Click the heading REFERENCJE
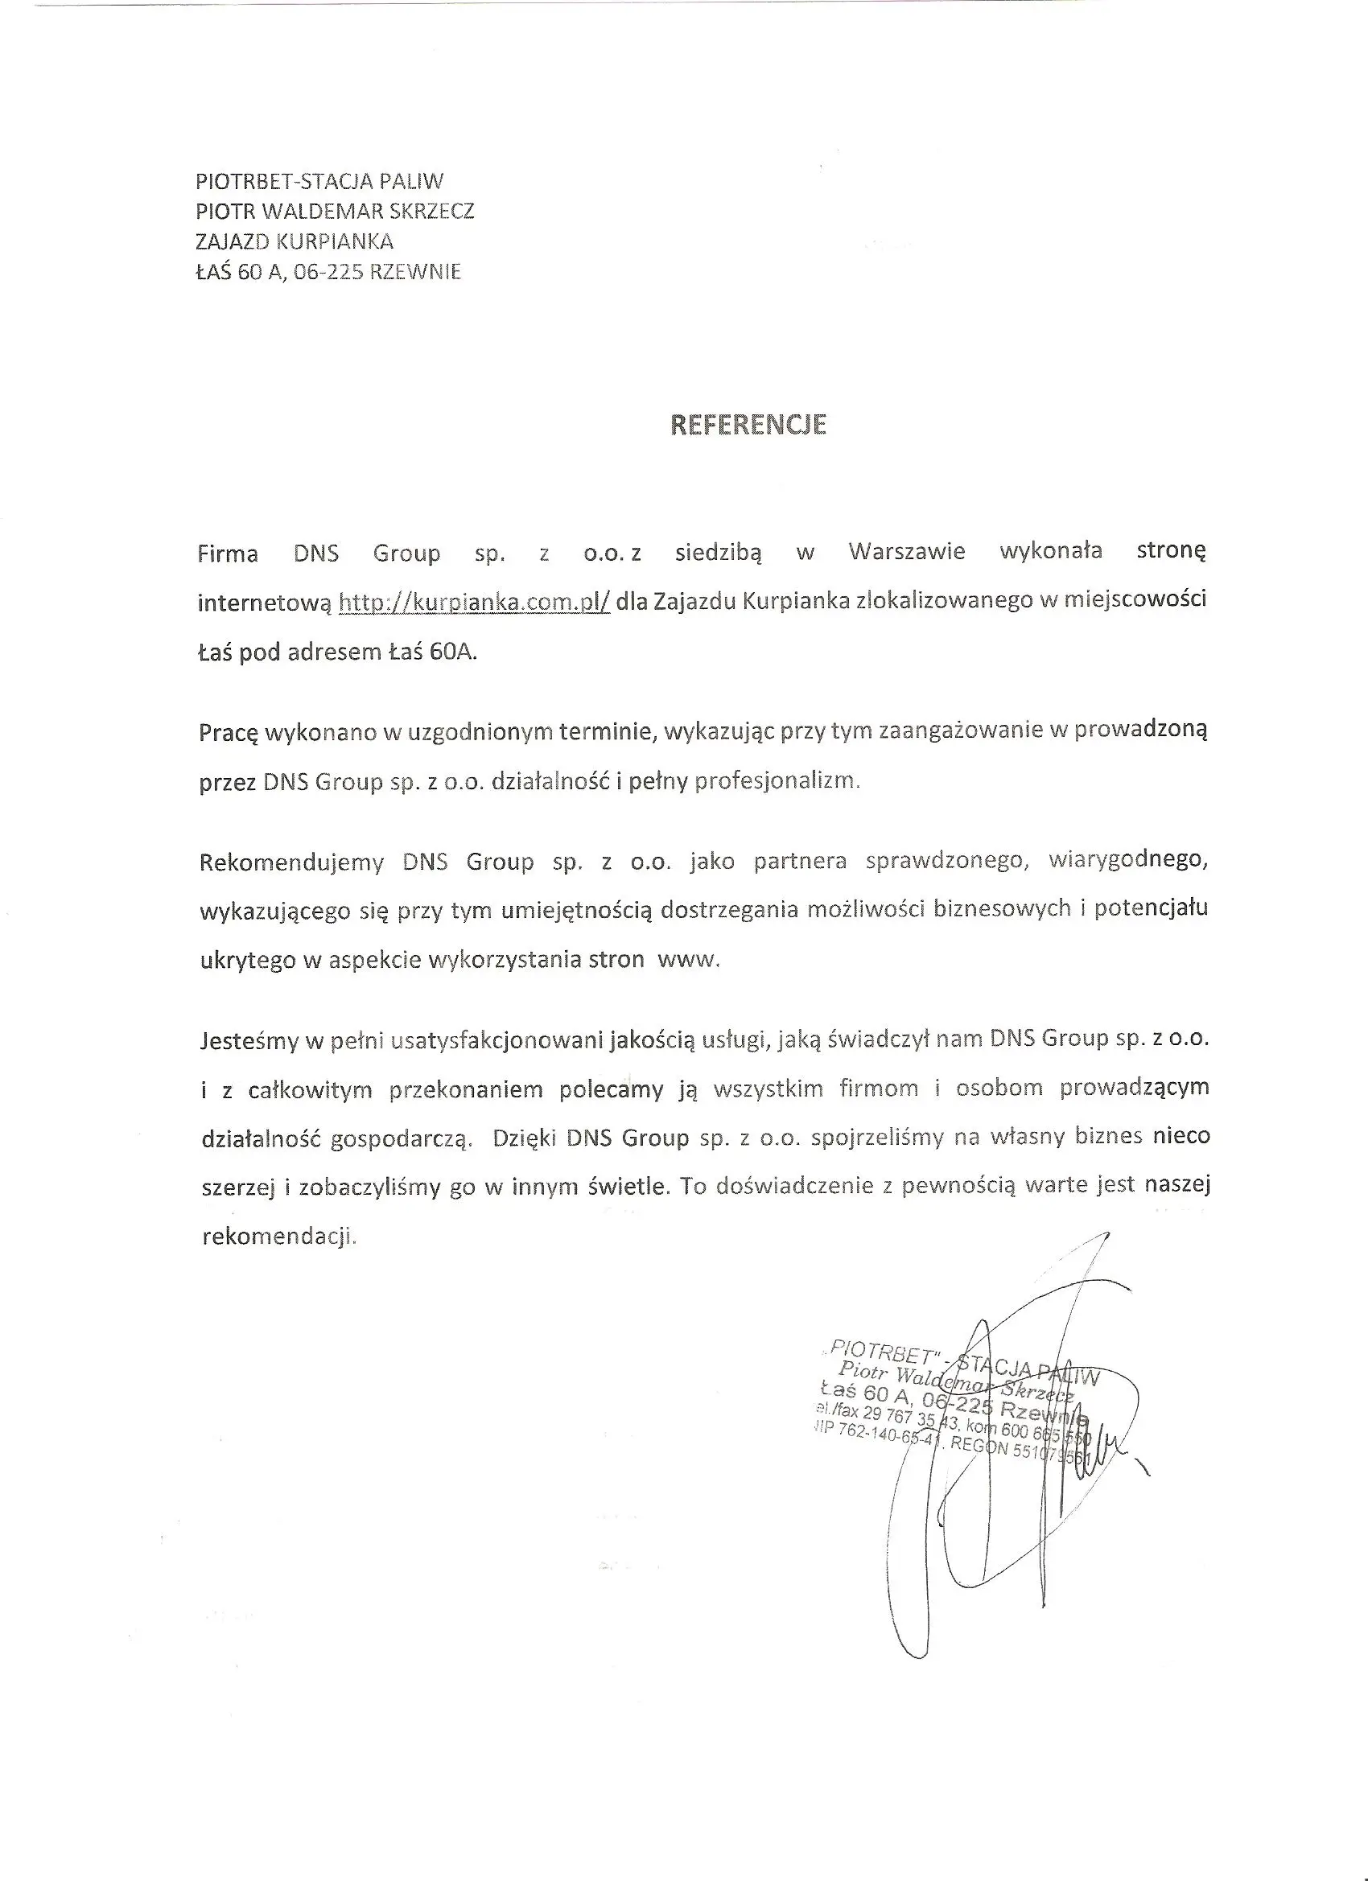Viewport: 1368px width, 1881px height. click(x=748, y=425)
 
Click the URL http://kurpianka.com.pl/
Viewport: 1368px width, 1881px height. click(x=475, y=602)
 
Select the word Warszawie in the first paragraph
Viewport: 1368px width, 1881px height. click(x=907, y=552)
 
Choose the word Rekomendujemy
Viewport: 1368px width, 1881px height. click(x=291, y=862)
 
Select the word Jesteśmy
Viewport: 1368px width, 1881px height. click(x=249, y=1040)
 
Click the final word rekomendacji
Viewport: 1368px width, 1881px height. click(x=278, y=1237)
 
